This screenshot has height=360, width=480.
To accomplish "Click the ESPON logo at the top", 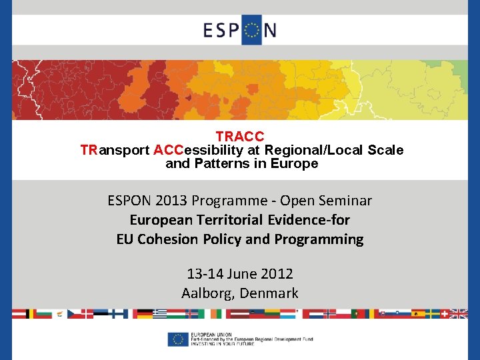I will point(240,29).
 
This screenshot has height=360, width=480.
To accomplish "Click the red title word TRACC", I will point(240,137).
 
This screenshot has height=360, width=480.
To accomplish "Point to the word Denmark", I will point(269,293).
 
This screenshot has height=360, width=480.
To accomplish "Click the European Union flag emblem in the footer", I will point(177,339).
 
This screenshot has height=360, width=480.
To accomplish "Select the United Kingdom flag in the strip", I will point(459,313).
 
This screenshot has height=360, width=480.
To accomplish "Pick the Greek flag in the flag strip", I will point(159,313).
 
